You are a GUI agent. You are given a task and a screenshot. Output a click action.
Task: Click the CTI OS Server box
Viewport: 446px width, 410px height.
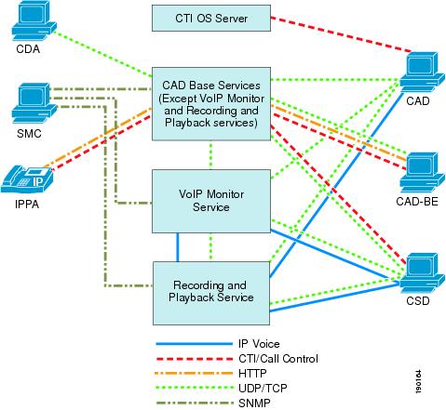(x=211, y=18)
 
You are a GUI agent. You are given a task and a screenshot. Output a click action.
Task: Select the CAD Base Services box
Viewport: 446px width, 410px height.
(x=211, y=104)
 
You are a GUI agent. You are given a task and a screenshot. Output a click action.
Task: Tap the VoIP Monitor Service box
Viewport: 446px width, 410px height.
(x=211, y=201)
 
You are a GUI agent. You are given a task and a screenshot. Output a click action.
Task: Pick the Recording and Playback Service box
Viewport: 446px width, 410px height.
(x=211, y=293)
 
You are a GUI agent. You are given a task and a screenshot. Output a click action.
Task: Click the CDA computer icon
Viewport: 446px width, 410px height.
(x=34, y=21)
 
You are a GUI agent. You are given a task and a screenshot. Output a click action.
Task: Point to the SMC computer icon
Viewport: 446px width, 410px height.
(x=34, y=103)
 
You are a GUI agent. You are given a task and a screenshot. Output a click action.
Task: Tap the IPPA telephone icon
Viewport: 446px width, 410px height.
(x=27, y=179)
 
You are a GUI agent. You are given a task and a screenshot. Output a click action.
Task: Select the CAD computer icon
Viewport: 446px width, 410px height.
(x=422, y=73)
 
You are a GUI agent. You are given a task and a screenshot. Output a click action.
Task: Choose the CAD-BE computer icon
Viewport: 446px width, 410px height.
(x=422, y=172)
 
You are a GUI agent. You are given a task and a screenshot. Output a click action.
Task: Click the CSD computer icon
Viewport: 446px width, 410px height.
(x=422, y=273)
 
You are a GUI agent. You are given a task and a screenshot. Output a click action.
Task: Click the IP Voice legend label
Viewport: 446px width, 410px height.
(x=259, y=344)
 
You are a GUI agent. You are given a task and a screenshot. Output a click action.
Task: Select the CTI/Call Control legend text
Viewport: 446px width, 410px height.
(x=278, y=359)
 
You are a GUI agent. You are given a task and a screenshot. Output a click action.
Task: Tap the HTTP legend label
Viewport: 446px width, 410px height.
(x=252, y=373)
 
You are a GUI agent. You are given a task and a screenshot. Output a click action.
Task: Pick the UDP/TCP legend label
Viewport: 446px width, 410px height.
(x=263, y=388)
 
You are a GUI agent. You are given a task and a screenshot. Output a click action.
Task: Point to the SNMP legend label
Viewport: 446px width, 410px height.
(x=254, y=403)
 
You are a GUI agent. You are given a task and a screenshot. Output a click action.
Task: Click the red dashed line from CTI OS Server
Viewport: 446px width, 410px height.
(x=341, y=34)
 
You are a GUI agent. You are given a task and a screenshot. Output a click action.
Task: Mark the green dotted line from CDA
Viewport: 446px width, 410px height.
(x=102, y=54)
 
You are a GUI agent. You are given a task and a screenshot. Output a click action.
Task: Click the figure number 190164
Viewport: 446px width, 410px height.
(x=418, y=381)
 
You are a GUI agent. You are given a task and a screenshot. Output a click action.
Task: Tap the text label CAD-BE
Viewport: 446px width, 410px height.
(x=417, y=202)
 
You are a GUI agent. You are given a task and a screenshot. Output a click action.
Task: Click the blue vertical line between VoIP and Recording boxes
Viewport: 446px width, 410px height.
(x=178, y=247)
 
